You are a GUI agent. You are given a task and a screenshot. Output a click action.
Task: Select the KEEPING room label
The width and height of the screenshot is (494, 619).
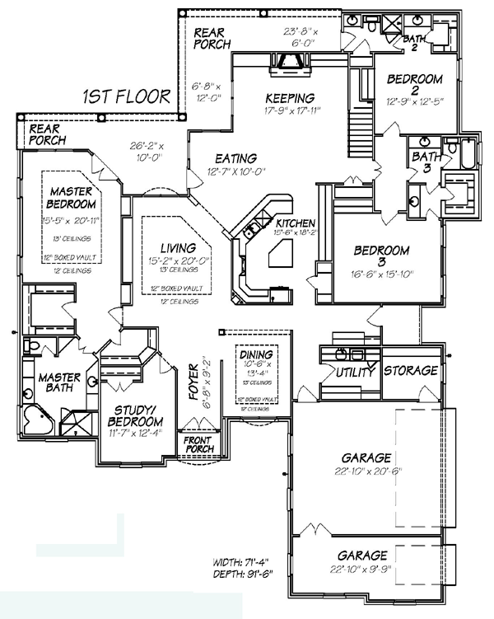pyautogui.click(x=290, y=96)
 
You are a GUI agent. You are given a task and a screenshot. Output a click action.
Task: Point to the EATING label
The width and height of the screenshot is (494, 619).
pyautogui.click(x=235, y=158)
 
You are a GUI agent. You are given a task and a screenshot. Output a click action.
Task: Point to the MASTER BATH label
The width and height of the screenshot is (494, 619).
pyautogui.click(x=59, y=384)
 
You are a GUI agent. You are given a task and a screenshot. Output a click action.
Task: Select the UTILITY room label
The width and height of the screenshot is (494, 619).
pyautogui.click(x=355, y=373)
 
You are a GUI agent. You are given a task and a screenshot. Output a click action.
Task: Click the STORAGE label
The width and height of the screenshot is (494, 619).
pyautogui.click(x=411, y=371)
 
